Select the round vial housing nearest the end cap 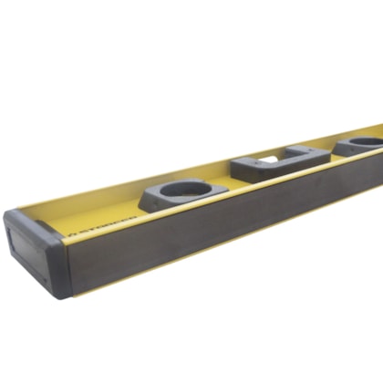[182, 194]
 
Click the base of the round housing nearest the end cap [182, 205]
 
